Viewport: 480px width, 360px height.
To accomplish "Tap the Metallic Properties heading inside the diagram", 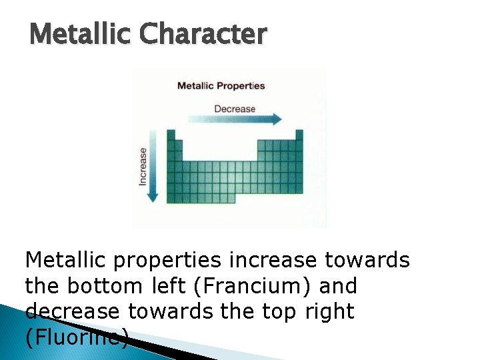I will [x=221, y=86].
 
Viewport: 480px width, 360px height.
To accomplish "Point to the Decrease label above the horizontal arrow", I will [x=234, y=109].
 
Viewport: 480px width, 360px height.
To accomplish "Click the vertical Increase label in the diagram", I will [x=143, y=166].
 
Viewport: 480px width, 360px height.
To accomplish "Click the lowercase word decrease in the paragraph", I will [x=72, y=312].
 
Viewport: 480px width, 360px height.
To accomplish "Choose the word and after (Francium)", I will [x=339, y=287].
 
